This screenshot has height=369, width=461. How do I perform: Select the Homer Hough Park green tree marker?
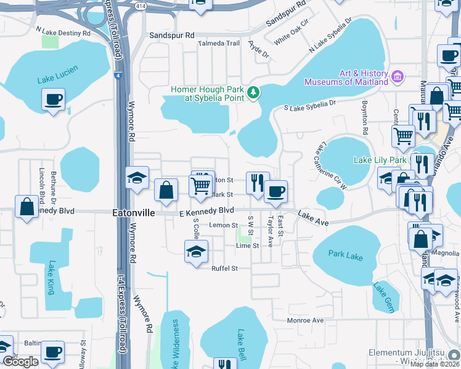tap(253, 92)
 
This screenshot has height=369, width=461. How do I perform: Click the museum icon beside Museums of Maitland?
tap(398, 77)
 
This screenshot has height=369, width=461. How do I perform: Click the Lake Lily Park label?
tap(380, 160)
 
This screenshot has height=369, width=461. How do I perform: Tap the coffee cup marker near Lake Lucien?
tap(54, 100)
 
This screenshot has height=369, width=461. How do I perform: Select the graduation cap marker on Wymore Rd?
tap(137, 178)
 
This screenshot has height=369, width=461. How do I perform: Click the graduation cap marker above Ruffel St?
tap(196, 252)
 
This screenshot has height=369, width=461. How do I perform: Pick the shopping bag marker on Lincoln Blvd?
tap(28, 207)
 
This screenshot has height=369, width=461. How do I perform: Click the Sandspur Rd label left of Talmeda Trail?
tap(172, 36)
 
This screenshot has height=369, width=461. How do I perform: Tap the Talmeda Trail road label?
tap(218, 44)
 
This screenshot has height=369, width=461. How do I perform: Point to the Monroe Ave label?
tap(305, 320)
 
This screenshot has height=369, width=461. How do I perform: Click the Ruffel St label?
tap(224, 268)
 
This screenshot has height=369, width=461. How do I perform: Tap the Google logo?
tap(20, 362)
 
